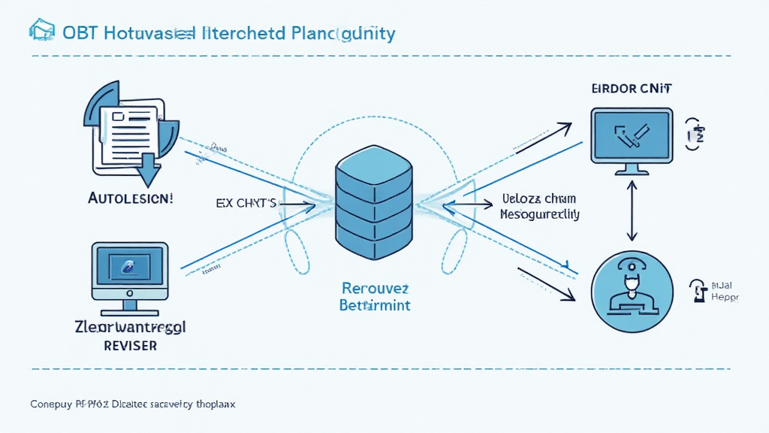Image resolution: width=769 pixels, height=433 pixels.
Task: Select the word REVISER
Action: [x=130, y=346]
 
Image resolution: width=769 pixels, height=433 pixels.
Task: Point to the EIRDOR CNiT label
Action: [x=632, y=89]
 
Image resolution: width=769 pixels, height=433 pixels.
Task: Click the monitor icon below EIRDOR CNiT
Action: [x=632, y=139]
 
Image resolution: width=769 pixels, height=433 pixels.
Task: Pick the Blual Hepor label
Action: [x=724, y=291]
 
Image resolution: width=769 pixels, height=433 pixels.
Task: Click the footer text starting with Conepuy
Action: [x=133, y=404]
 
